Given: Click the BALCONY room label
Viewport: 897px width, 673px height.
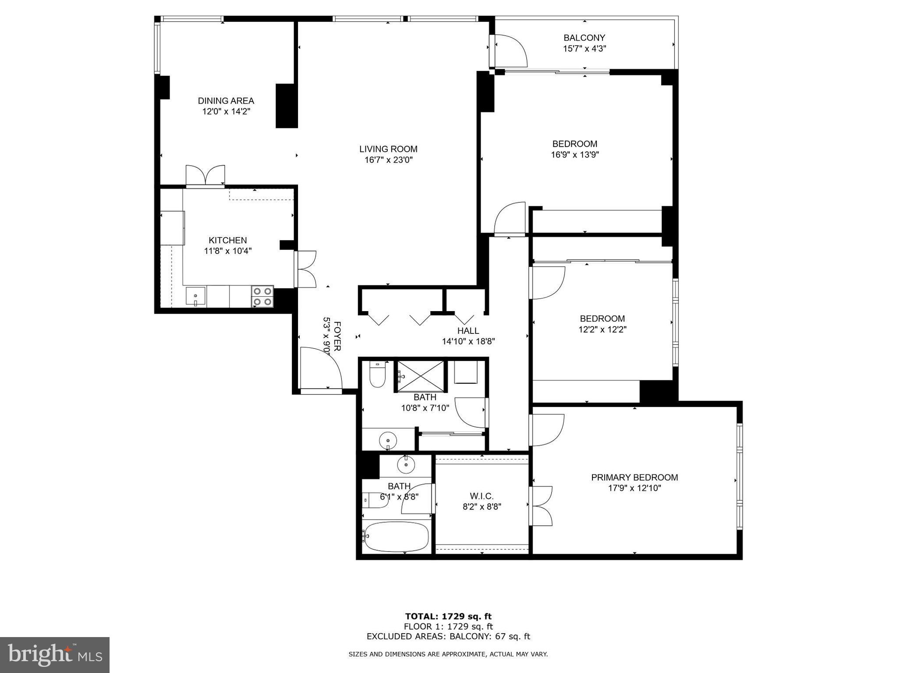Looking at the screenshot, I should pos(584,38).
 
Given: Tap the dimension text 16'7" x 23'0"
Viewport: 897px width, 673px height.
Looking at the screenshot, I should pos(388,160).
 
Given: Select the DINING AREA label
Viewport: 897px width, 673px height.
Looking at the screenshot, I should pos(226,101).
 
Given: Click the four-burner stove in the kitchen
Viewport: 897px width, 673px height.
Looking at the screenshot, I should pos(262,296).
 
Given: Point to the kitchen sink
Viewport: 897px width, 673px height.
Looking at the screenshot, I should pos(195,297).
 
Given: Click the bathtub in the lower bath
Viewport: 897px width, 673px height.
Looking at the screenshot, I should pos(396,537).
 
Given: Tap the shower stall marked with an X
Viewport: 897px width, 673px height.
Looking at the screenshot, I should pos(420,376).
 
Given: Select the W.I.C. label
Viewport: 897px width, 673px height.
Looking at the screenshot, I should pos(482,496).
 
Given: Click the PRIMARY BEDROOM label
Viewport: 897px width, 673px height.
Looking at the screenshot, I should pos(634,478).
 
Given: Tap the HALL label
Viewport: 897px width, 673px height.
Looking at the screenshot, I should pos(468,331).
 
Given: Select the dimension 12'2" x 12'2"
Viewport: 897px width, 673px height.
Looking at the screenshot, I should pos(602,329).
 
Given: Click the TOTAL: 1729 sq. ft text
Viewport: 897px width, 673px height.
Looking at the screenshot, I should pos(448,616).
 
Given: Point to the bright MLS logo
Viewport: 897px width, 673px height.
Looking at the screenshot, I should pos(55,655).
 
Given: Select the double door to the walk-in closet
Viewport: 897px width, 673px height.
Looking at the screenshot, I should pos(541,506).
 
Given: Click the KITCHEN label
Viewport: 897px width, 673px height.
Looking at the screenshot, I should pos(227,240).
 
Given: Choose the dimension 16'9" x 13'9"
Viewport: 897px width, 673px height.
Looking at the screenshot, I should pos(574,155).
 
